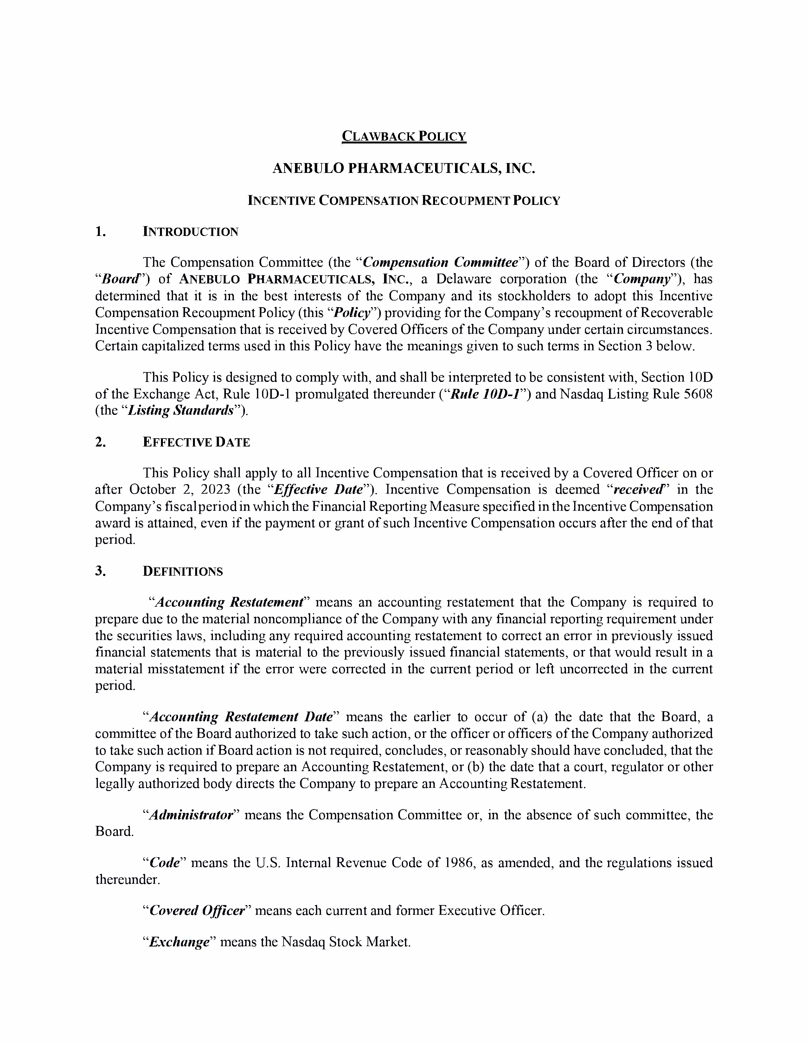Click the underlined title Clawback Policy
(x=403, y=136)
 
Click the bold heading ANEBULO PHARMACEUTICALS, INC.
(x=403, y=168)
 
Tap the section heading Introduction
(x=190, y=232)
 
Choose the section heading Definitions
(x=183, y=571)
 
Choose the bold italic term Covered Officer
(x=197, y=910)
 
